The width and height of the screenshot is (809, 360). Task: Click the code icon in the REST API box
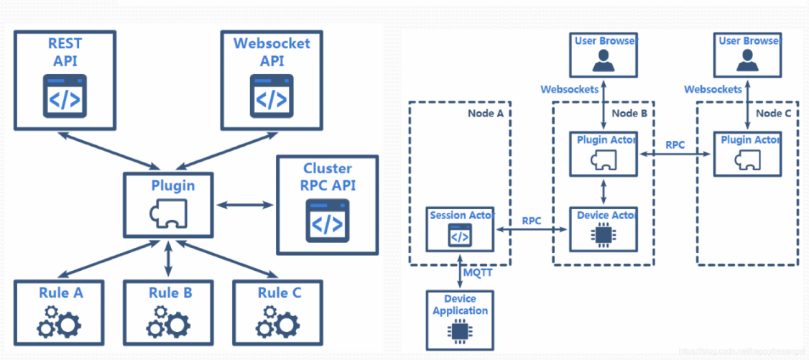tap(65, 95)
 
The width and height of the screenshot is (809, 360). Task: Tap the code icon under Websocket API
tap(272, 95)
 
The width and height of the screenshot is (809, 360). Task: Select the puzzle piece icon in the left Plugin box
tap(168, 213)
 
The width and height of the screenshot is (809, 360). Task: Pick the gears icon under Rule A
tap(59, 321)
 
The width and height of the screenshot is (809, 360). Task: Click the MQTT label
tap(478, 273)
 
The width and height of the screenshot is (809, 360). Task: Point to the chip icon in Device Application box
tap(460, 331)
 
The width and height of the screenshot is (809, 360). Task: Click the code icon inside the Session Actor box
tap(460, 234)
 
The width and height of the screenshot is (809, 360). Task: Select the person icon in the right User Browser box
tap(746, 62)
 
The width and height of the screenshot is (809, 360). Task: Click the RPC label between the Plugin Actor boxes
tap(675, 144)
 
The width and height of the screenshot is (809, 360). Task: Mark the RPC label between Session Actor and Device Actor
tap(532, 221)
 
